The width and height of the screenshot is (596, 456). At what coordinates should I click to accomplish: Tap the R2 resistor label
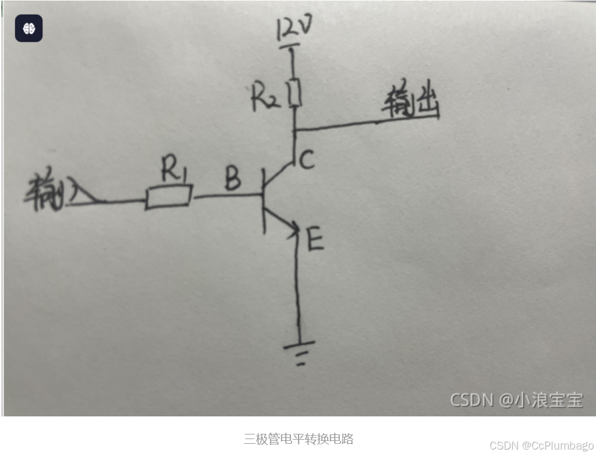pyautogui.click(x=266, y=98)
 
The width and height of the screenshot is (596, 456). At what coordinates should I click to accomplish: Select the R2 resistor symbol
pyautogui.click(x=295, y=93)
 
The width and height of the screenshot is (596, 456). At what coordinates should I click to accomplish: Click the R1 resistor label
pyautogui.click(x=173, y=171)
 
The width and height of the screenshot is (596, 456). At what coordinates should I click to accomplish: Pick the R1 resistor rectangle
pyautogui.click(x=169, y=197)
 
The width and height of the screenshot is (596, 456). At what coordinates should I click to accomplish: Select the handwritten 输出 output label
pyautogui.click(x=410, y=103)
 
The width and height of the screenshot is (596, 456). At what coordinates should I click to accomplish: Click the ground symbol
pyautogui.click(x=300, y=352)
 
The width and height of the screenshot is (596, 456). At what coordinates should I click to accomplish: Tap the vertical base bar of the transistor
pyautogui.click(x=264, y=201)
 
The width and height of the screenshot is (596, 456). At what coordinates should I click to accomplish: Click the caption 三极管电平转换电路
pyautogui.click(x=298, y=439)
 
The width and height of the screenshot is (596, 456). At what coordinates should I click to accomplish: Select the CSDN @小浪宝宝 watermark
pyautogui.click(x=516, y=400)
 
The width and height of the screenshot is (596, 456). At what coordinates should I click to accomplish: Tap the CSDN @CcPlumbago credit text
pyautogui.click(x=541, y=446)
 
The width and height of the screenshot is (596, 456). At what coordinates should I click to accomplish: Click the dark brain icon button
pyautogui.click(x=29, y=28)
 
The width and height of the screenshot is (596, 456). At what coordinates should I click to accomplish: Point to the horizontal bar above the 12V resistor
pyautogui.click(x=291, y=47)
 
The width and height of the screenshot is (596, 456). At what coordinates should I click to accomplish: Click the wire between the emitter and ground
pyautogui.click(x=299, y=291)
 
